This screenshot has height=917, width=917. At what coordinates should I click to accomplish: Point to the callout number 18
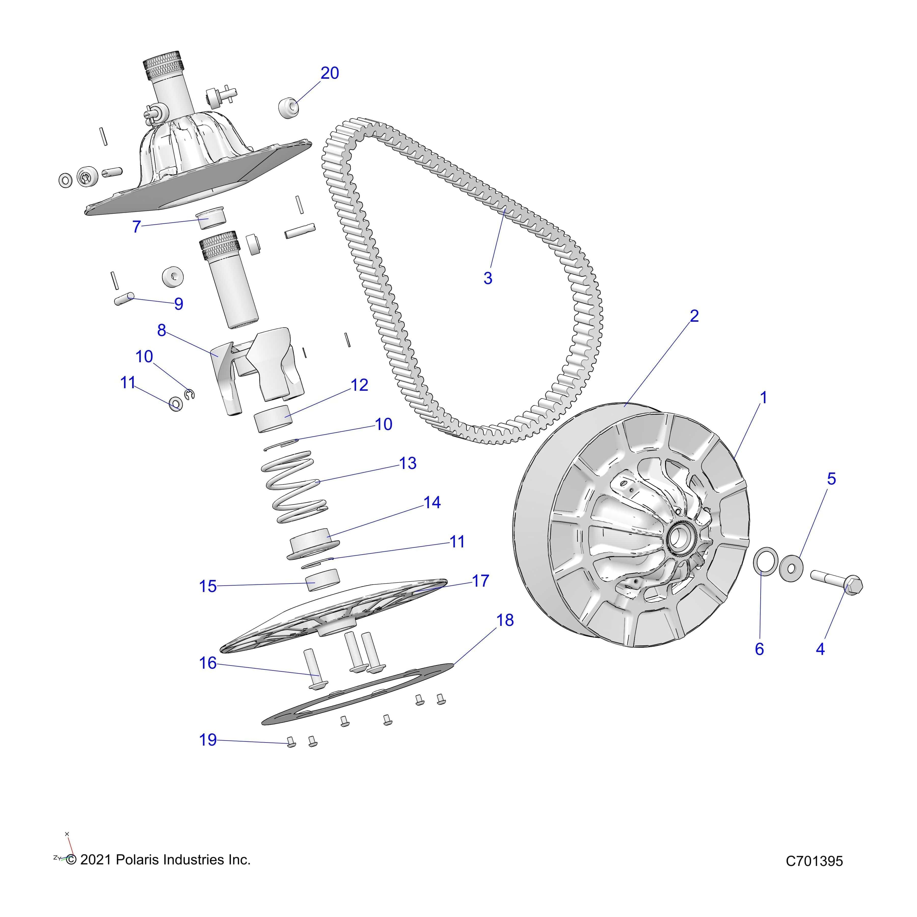pos(505,620)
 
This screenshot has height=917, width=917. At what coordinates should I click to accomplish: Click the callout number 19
pos(208,739)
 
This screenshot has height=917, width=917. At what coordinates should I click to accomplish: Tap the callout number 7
pos(137,227)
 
